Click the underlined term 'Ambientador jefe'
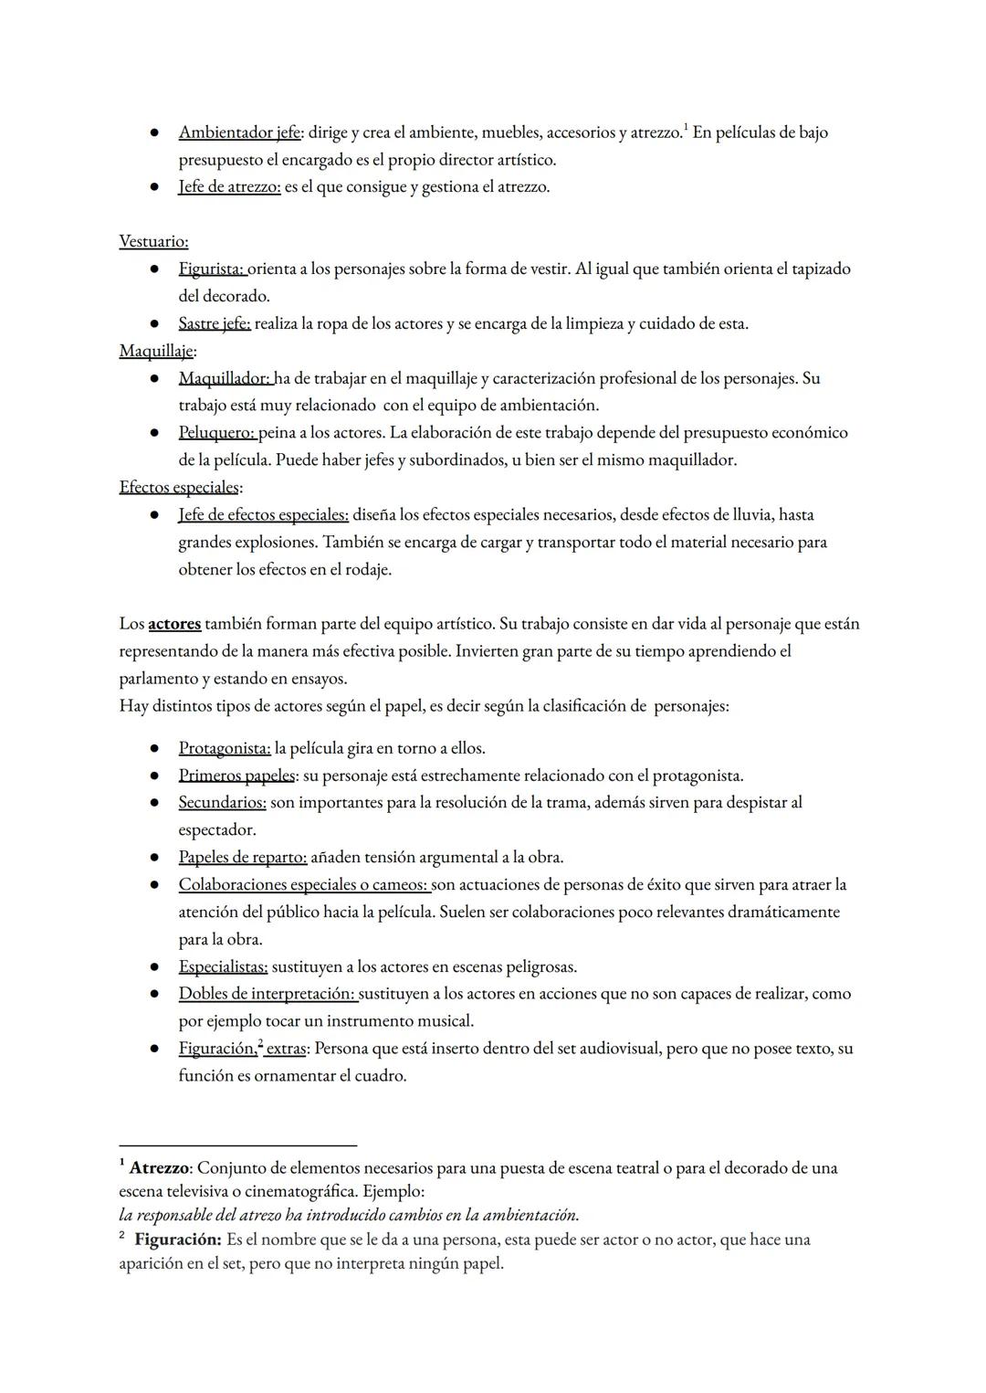pos(239,132)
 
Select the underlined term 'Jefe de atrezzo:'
pos(229,187)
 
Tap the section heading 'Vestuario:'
pos(153,241)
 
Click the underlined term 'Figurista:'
pos(212,269)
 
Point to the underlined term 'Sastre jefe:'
pos(215,323)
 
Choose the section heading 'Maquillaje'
pos(156,351)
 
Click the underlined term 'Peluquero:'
pos(217,433)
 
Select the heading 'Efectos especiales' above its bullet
pos(179,487)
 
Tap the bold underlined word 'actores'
pos(174,624)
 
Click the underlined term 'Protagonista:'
pos(225,748)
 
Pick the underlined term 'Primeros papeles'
pos(236,776)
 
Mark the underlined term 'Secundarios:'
pos(222,803)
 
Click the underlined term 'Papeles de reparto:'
pos(243,858)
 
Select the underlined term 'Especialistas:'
pos(223,966)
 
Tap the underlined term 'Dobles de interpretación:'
pos(267,994)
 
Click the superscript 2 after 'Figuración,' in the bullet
pos(260,1044)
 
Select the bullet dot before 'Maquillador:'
pos(156,378)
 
